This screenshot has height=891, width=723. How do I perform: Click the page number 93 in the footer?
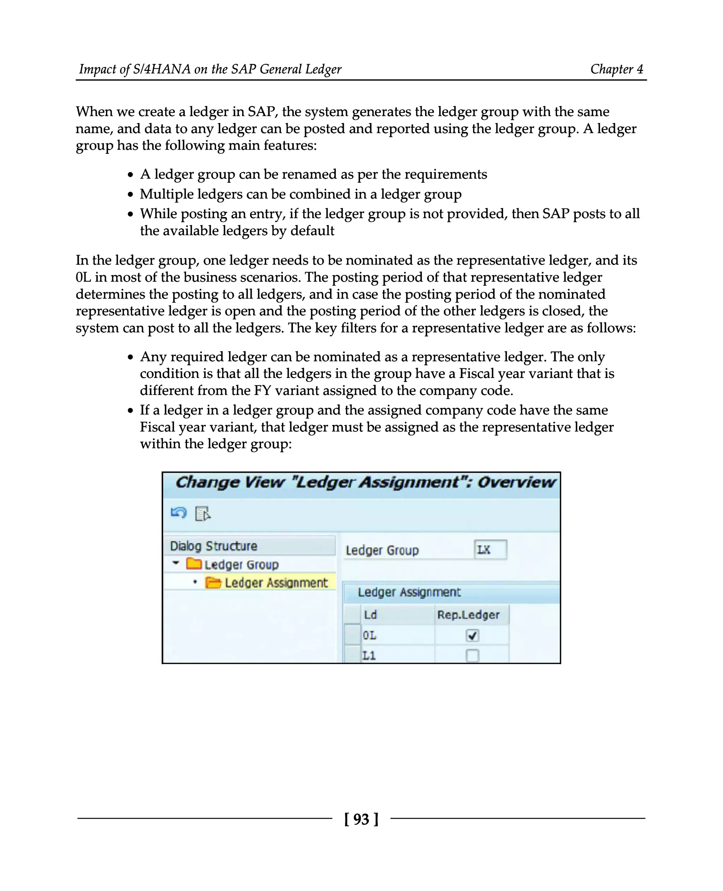(361, 819)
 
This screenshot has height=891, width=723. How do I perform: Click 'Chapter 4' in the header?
(616, 69)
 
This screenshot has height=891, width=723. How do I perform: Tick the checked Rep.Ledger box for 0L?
(472, 636)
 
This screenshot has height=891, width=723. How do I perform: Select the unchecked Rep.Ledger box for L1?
(472, 655)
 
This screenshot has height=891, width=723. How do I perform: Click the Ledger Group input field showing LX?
(490, 549)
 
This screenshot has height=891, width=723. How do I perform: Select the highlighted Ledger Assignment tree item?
(276, 583)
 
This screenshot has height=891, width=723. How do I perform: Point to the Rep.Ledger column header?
(468, 615)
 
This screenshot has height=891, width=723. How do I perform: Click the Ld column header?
(370, 615)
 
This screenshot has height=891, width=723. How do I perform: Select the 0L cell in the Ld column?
(369, 636)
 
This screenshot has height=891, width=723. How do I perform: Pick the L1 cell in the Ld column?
(369, 655)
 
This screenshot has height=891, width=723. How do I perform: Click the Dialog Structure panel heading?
(214, 546)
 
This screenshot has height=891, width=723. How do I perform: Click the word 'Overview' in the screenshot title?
(516, 482)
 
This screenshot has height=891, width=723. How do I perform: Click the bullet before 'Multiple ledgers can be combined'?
(130, 194)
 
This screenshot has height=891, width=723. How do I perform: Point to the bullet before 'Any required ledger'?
(130, 357)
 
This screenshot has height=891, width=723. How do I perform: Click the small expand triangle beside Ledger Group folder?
(176, 563)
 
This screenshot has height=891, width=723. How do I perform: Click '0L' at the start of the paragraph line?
(83, 277)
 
